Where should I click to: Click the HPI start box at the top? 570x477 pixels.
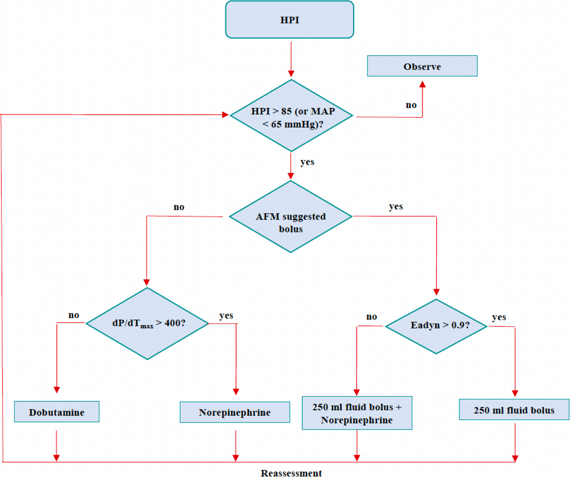(289, 20)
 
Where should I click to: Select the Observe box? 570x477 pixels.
(422, 66)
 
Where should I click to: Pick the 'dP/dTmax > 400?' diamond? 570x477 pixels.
(148, 324)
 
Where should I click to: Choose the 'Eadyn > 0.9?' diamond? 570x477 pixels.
(437, 326)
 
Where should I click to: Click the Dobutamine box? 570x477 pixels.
(56, 412)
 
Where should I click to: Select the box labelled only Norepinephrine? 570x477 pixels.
(235, 412)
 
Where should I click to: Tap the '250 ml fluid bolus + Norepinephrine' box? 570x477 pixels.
(357, 413)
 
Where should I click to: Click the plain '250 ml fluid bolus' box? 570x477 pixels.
(514, 410)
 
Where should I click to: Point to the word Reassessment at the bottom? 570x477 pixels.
(291, 473)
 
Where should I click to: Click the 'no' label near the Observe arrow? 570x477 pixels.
(411, 105)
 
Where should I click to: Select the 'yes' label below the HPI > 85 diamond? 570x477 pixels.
(307, 162)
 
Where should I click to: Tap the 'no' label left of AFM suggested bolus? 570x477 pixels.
(179, 207)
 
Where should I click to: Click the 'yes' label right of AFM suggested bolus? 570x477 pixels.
(395, 207)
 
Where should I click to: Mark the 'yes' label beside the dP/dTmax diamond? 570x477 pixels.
(226, 315)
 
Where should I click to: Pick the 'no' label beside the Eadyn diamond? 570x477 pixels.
(371, 317)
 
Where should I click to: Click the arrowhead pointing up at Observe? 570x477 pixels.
(422, 84)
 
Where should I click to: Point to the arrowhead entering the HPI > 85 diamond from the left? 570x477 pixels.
(225, 115)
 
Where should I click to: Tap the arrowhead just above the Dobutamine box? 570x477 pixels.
(57, 390)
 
